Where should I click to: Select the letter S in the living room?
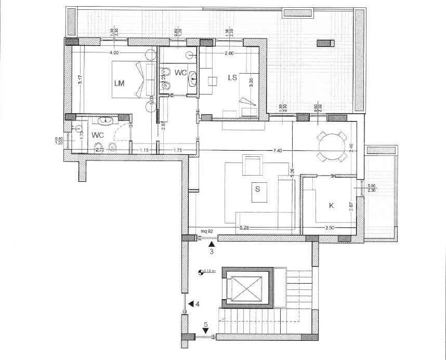(x=257, y=189)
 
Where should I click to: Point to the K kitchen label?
(x=331, y=206)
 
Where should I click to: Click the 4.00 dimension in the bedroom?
(x=114, y=52)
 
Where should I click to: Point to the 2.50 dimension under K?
(x=329, y=228)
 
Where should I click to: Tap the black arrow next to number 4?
(x=191, y=303)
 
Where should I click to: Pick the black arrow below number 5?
(x=206, y=331)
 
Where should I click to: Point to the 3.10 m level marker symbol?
(x=201, y=271)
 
